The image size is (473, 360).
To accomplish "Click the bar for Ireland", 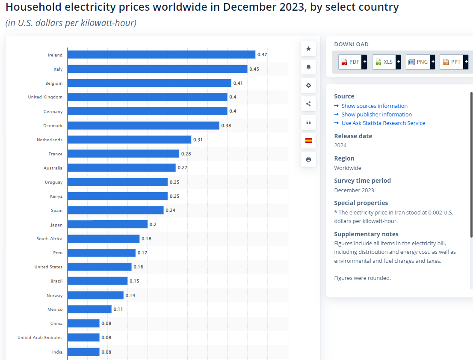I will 161,54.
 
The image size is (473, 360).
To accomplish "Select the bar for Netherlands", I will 129,140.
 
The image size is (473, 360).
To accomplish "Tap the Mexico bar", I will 89,309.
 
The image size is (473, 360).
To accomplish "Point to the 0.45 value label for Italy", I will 254,69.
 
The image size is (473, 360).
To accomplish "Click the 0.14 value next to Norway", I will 130,295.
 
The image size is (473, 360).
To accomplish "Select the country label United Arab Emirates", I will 40,337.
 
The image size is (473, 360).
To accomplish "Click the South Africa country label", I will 49,238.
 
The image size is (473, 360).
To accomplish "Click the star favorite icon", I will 308,49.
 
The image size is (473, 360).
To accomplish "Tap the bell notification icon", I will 308,67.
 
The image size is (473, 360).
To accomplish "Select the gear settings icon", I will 308,86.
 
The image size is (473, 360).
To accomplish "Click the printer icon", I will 308,160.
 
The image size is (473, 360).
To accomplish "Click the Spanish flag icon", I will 308,141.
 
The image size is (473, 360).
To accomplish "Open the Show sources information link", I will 374,106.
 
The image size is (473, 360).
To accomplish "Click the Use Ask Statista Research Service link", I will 383,123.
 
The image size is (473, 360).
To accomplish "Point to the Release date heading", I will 353,136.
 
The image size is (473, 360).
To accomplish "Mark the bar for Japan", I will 107,224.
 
